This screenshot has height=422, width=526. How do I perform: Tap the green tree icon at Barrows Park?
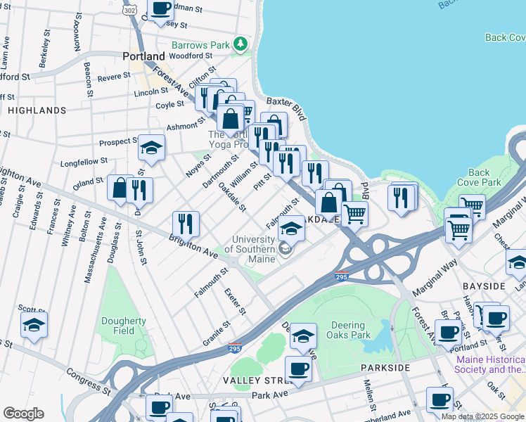[241, 45]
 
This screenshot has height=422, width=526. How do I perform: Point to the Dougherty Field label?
[123, 326]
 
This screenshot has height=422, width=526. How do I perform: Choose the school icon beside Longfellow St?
[151, 148]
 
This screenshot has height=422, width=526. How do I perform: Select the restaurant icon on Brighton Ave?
[186, 224]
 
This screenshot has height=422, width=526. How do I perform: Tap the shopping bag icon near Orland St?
[120, 188]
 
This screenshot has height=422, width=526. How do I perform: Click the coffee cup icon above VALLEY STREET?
[298, 369]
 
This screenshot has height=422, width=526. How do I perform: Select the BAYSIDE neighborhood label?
[483, 287]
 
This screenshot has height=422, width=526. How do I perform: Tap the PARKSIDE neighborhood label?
[385, 368]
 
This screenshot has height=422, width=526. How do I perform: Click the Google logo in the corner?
[23, 414]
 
